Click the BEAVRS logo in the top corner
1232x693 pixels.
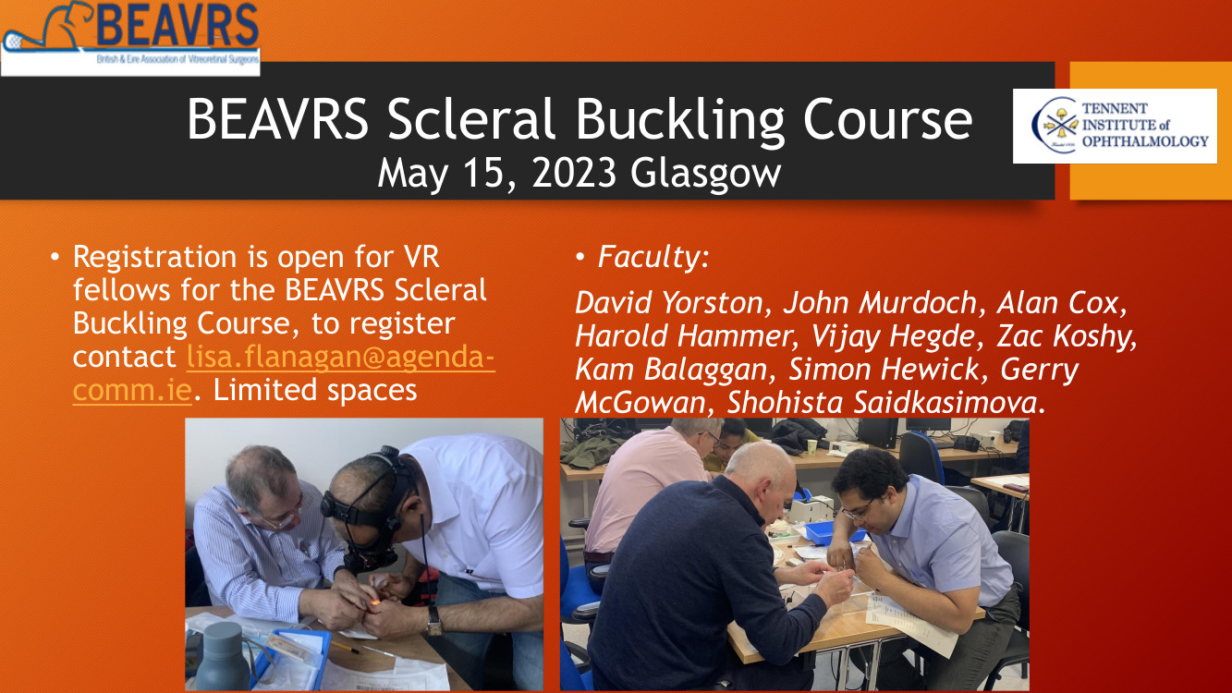130,37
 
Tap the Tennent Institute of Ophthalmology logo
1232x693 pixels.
1115,126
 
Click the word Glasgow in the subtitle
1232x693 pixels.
705,174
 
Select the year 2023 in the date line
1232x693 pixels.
574,173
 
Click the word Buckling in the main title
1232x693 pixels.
680,120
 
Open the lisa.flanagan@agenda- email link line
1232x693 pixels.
340,357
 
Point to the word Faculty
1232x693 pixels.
649,257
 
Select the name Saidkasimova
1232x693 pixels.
945,403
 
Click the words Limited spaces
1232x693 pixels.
315,390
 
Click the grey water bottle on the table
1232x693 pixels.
223,656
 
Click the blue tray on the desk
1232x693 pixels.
834,532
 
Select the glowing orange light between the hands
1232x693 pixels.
374,603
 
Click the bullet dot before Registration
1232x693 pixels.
55,257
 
